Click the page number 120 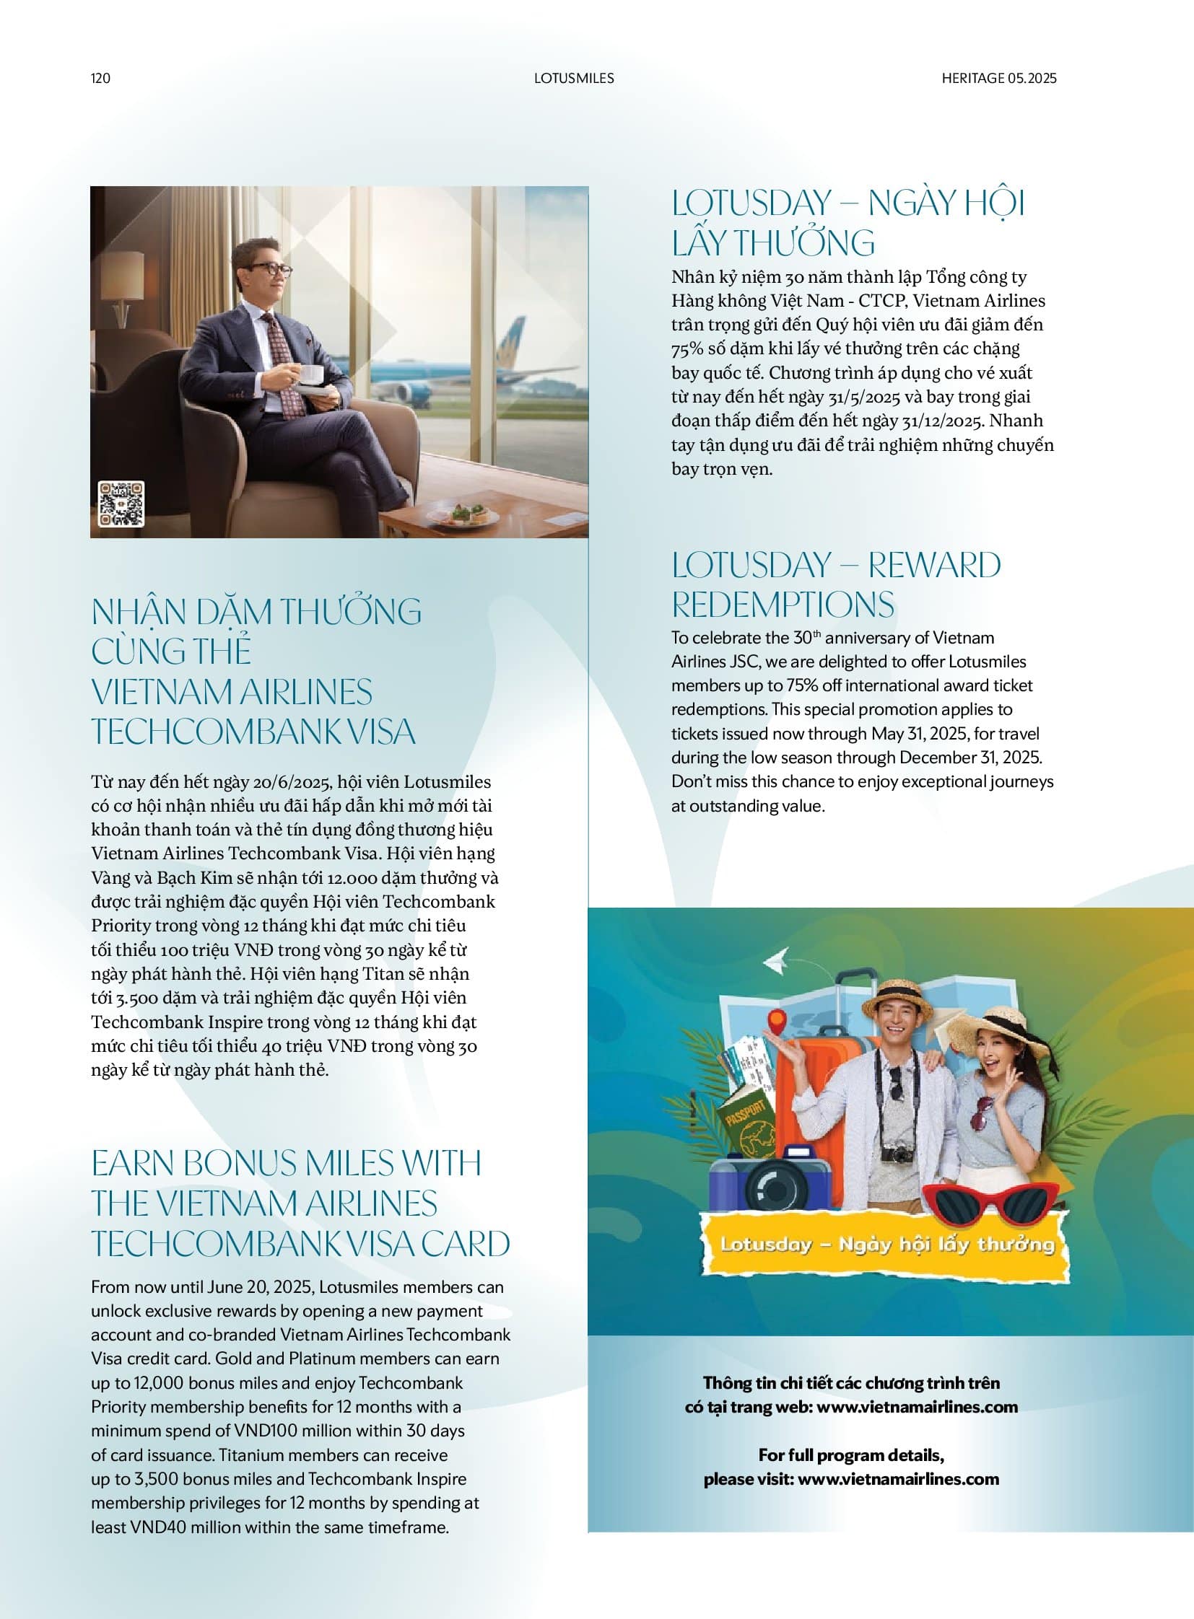pyautogui.click(x=100, y=78)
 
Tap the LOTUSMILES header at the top pyautogui.click(x=574, y=78)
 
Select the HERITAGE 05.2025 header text pyautogui.click(x=998, y=78)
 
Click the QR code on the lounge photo pyautogui.click(x=121, y=504)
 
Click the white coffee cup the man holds pyautogui.click(x=312, y=374)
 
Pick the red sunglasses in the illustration pyautogui.click(x=992, y=1201)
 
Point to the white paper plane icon pyautogui.click(x=775, y=961)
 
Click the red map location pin pyautogui.click(x=776, y=1021)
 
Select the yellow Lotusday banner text pyautogui.click(x=886, y=1243)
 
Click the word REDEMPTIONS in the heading pyautogui.click(x=783, y=605)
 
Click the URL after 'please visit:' pyautogui.click(x=899, y=1479)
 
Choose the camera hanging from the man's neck pyautogui.click(x=898, y=1153)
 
